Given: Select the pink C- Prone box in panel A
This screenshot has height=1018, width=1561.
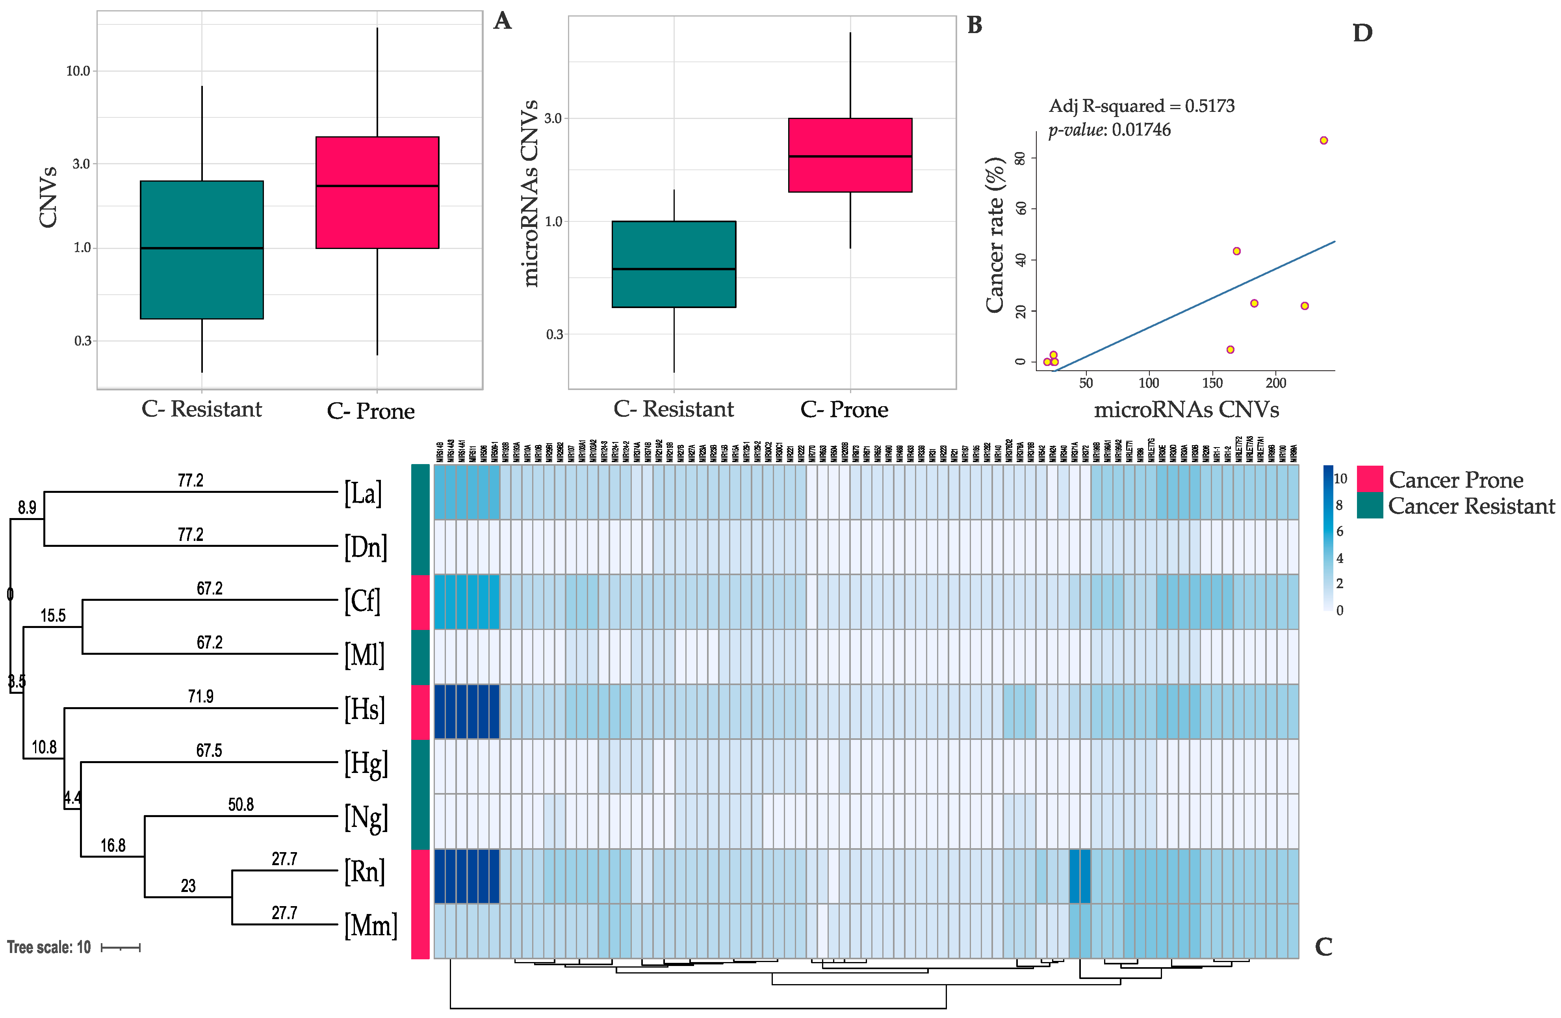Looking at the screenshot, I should (377, 192).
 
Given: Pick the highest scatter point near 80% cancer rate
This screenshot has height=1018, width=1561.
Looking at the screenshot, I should (1323, 140).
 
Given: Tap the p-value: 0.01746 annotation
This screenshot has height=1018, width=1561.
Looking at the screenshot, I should (1109, 130).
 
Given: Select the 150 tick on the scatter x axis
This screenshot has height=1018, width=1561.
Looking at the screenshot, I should (1212, 383).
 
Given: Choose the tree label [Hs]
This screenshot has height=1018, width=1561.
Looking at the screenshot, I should (365, 709).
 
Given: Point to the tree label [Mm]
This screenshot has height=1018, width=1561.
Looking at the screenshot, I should (371, 925).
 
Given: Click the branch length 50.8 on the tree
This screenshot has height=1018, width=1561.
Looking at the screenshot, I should (241, 805).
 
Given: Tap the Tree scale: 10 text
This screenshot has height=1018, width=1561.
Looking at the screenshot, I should (48, 947).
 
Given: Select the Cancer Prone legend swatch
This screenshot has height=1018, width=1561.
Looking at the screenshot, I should (1370, 479).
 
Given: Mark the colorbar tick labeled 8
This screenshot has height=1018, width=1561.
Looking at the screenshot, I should (1339, 505).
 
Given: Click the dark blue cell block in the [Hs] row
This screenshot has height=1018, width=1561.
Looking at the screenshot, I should (466, 711).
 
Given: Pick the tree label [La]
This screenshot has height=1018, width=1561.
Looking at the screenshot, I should (363, 492).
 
